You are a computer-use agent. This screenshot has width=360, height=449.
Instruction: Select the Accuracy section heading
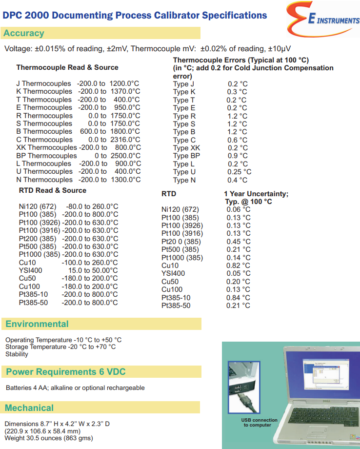pos(23,33)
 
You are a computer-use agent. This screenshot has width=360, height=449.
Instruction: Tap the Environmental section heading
pos(37,324)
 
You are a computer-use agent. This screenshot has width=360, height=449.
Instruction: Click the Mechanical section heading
pos(29,408)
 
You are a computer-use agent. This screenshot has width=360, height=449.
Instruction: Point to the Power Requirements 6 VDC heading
pos(65,372)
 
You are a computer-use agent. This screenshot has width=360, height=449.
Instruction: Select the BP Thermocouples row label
pos(46,156)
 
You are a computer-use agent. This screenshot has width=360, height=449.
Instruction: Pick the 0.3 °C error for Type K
pos(237,92)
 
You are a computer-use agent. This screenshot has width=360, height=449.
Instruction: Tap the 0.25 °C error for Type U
pos(239,172)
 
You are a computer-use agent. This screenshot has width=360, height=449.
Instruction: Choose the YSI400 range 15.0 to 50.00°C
pos(93,270)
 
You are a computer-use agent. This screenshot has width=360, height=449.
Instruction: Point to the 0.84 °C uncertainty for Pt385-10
pos(238,298)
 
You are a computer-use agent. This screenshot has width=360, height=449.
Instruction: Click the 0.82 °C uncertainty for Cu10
pos(238,265)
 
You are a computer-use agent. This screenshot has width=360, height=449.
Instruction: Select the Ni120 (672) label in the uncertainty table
pos(180,210)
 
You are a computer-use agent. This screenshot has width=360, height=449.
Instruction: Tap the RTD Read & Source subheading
pos(53,190)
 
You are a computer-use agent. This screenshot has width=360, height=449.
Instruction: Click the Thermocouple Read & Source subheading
pos(67,67)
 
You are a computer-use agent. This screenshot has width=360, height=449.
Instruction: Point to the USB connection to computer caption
pos(260,422)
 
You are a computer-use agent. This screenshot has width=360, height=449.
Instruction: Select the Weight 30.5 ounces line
pos(49,438)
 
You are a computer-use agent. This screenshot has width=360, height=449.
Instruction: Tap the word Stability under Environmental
pos(17,354)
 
